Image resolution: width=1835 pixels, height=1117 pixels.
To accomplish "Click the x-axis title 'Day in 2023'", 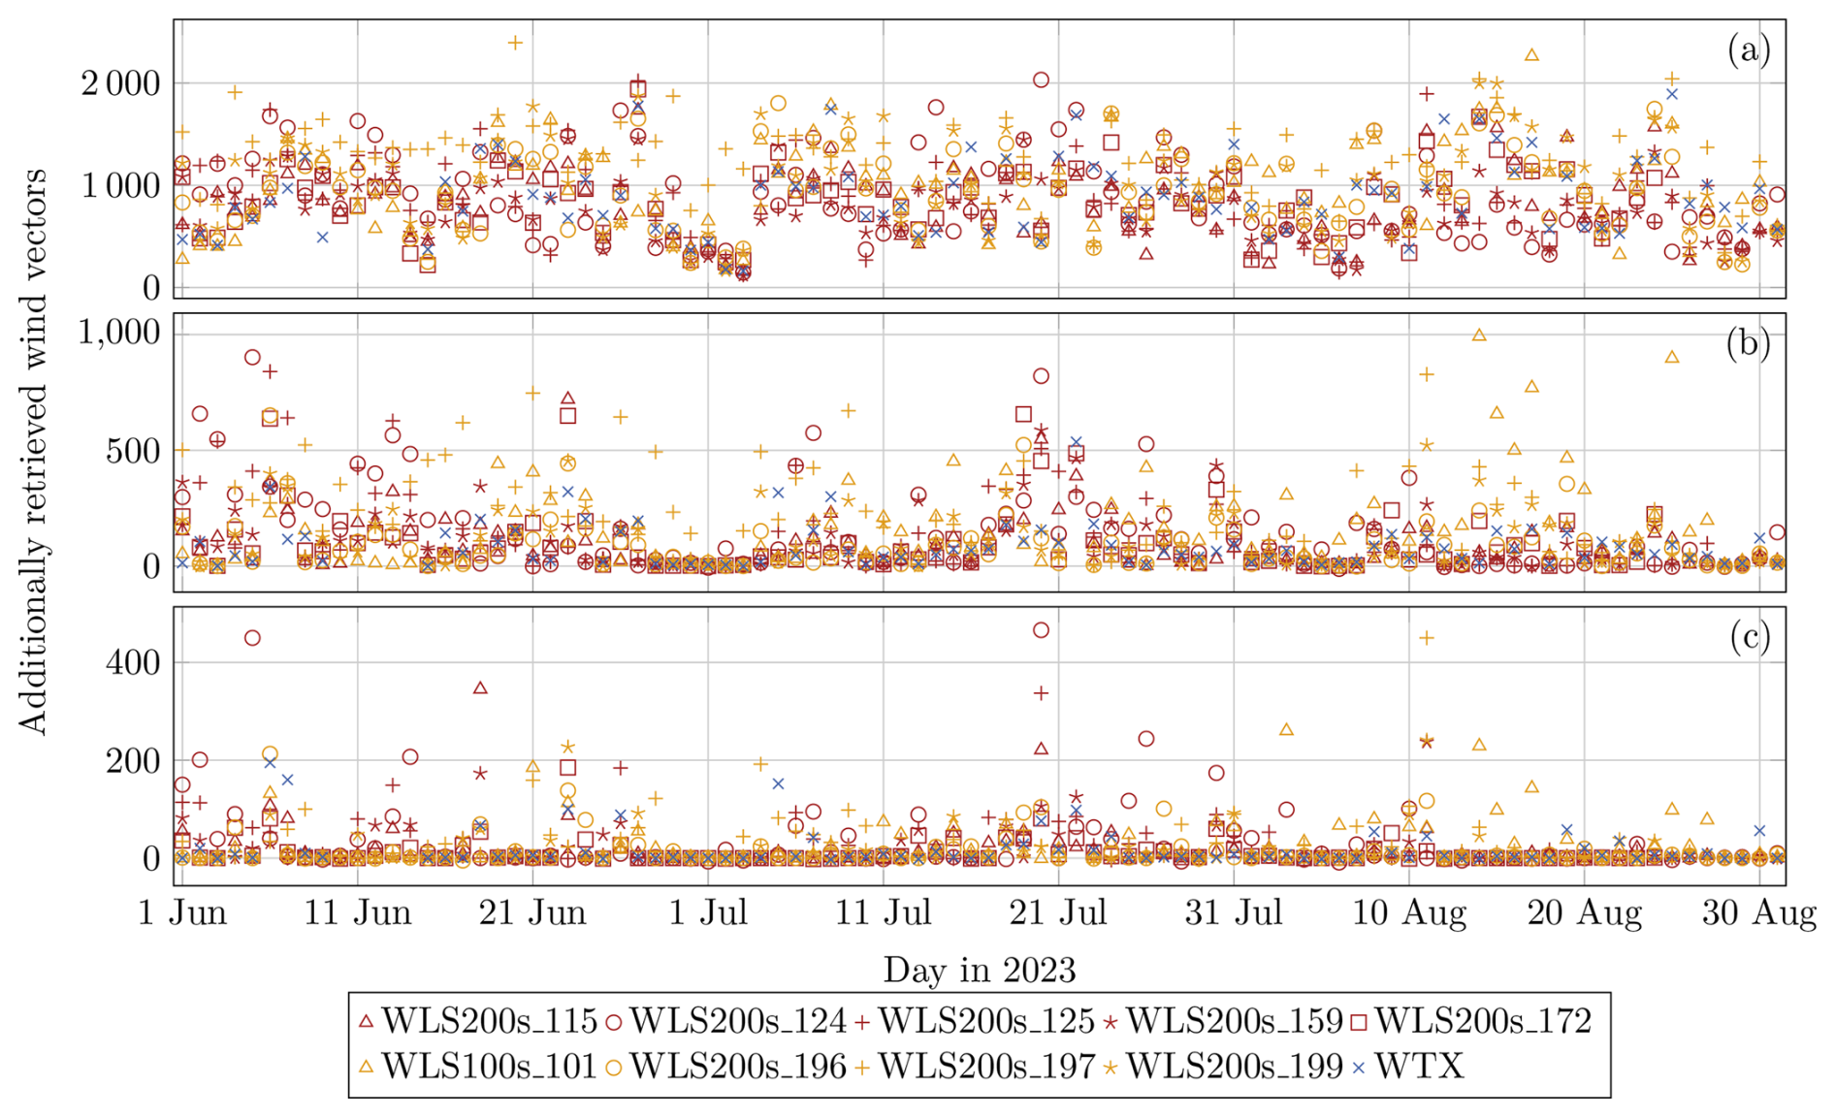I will click(979, 970).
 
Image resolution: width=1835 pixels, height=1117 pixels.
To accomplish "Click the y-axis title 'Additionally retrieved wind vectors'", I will click(33, 451).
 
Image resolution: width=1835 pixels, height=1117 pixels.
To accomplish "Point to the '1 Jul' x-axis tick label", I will click(708, 913).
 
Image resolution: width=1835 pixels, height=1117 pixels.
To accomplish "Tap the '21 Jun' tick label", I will click(532, 913).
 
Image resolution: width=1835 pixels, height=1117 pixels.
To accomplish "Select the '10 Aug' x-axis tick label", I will click(1408, 913).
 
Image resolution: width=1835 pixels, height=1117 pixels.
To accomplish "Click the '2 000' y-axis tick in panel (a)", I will click(120, 84).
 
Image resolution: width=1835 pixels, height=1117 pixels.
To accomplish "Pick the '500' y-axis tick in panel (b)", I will click(132, 452).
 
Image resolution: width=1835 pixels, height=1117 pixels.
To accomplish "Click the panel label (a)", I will click(1749, 49).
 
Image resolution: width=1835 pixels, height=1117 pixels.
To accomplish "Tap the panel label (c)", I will click(1749, 637).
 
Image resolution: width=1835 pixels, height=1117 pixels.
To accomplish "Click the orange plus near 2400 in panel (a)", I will click(515, 43).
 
